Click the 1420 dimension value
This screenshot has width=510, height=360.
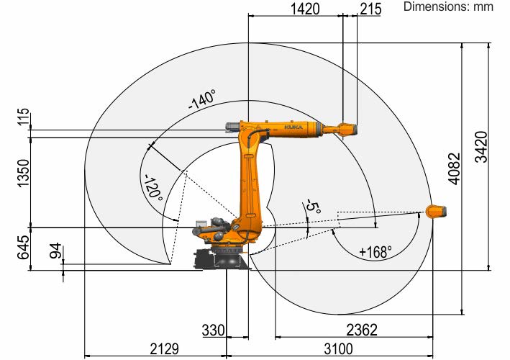point(305,9)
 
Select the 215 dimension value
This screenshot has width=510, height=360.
point(370,9)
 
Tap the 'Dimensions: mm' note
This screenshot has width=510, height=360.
point(448,6)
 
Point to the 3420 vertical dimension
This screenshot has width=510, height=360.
point(481,147)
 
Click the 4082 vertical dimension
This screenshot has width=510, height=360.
point(455,168)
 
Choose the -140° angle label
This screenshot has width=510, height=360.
point(202,99)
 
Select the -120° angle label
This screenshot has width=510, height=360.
point(153,188)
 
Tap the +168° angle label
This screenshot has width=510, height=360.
point(375,252)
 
